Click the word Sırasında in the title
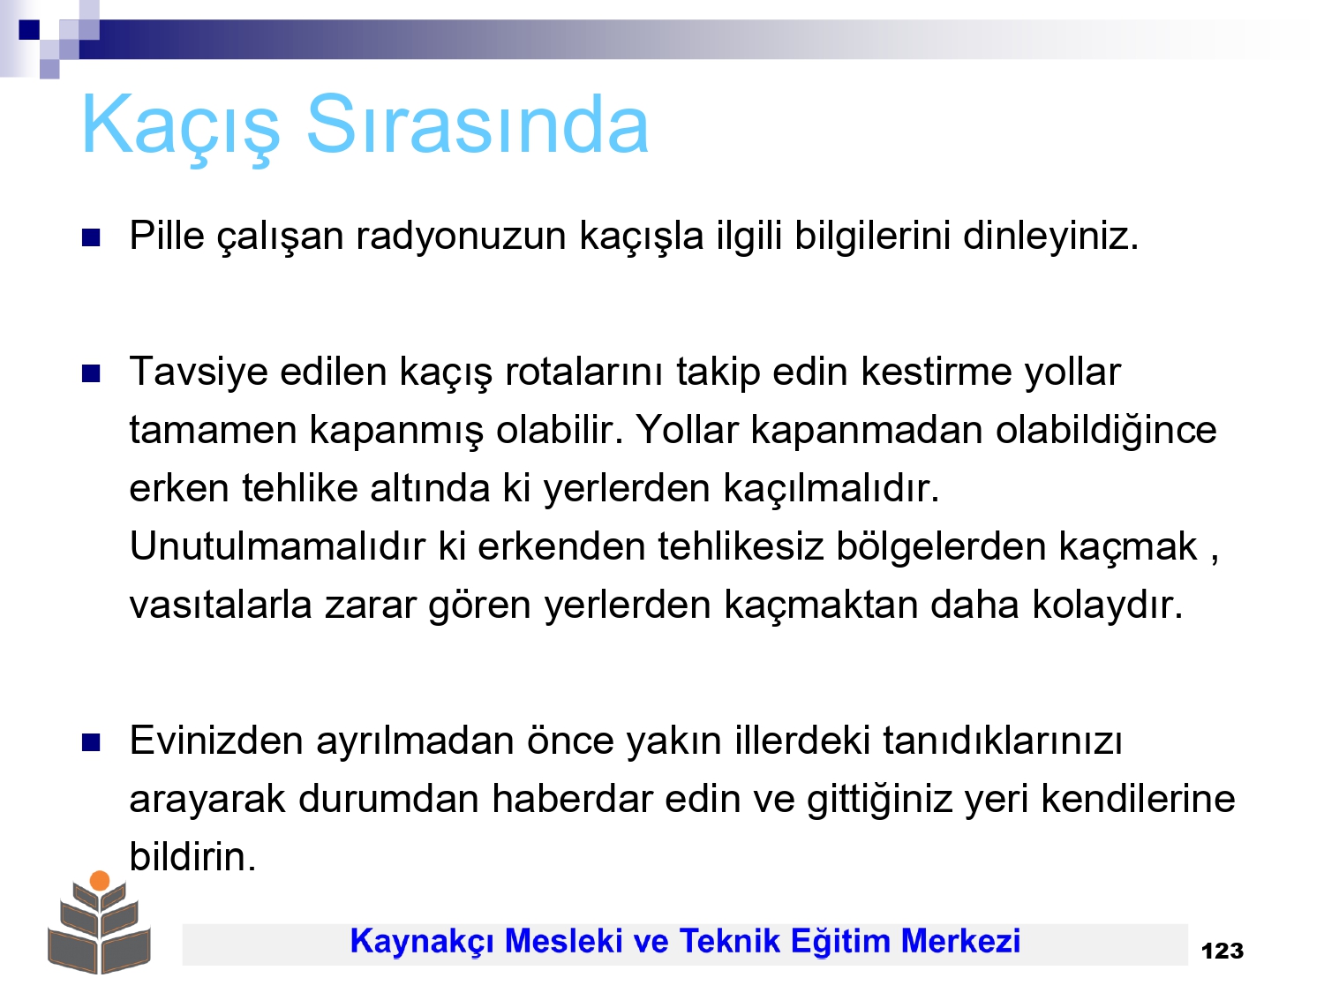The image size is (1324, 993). click(x=478, y=124)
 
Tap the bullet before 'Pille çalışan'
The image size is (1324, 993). click(x=91, y=237)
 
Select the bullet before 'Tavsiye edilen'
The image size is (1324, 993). click(x=91, y=373)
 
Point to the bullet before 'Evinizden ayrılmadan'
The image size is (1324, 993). click(x=91, y=743)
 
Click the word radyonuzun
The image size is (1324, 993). click(x=461, y=237)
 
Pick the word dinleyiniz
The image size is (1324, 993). click(x=1050, y=237)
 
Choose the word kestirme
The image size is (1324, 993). click(x=937, y=372)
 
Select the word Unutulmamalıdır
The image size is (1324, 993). click(x=277, y=547)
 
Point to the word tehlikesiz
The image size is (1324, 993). click(x=740, y=547)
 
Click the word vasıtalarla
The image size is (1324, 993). click(x=221, y=605)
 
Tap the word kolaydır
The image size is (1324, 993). click(x=1108, y=605)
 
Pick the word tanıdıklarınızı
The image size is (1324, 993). click(x=1003, y=741)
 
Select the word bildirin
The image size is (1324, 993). click(x=193, y=857)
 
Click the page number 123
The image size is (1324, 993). click(x=1222, y=952)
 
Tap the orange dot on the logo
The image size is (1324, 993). click(x=100, y=881)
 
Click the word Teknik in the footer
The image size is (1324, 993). click(x=729, y=941)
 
